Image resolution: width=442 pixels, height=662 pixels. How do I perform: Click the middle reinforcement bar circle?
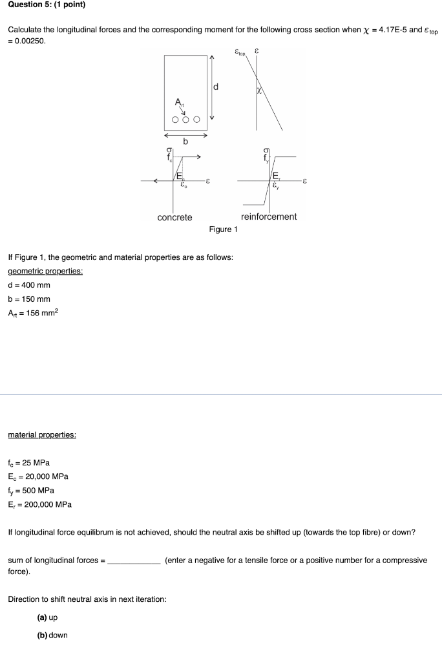coord(186,120)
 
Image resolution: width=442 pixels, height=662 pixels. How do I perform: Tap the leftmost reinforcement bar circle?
coord(175,120)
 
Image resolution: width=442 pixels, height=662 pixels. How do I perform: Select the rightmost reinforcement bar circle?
coord(196,120)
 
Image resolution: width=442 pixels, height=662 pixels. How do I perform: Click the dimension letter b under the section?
coord(185,141)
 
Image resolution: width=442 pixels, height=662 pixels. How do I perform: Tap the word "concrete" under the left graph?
coord(174,217)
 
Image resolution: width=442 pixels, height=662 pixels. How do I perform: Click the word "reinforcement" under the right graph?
coord(268,217)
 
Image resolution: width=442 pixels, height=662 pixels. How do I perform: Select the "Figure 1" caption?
coord(223,230)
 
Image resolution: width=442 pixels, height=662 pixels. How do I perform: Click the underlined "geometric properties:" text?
coord(45,271)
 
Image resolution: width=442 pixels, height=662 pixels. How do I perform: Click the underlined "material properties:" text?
coord(42,435)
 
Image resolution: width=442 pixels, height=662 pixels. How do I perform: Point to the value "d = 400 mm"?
coord(29,285)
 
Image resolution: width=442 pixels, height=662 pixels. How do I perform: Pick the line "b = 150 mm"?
coord(29,299)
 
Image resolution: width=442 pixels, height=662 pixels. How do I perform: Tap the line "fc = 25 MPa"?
coord(28,463)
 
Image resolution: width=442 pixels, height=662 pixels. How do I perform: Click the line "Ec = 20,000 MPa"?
coord(38,477)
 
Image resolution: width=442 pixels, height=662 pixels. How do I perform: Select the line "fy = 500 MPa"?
coord(30,491)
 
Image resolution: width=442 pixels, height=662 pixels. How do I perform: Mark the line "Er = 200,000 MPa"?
coord(39,504)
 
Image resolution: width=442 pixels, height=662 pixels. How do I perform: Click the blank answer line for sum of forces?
coord(134,561)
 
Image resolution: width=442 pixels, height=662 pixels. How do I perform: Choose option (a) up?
coord(48,617)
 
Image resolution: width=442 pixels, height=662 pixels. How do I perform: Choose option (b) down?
coord(52,635)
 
